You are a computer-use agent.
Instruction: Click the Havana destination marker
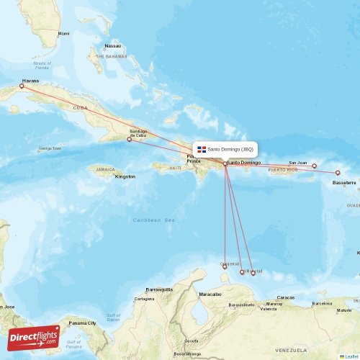[22, 86]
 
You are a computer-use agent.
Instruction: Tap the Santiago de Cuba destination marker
[130, 139]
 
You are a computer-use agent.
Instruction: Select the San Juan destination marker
[314, 166]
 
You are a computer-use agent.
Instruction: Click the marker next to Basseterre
[338, 173]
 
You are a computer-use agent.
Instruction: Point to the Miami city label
[64, 34]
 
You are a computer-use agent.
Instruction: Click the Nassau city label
[113, 45]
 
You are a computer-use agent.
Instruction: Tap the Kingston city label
[125, 176]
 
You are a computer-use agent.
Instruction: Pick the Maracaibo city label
[210, 294]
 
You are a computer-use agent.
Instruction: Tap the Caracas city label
[286, 297]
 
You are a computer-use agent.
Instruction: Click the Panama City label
[82, 323]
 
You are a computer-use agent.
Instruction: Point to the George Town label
[50, 149]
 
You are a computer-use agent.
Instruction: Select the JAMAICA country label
[102, 169]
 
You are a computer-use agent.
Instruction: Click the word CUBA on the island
[80, 107]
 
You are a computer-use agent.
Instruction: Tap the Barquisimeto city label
[243, 305]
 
